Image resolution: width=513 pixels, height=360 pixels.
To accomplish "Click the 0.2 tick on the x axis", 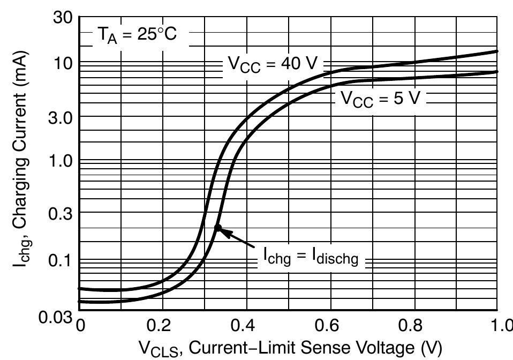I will (x=162, y=325).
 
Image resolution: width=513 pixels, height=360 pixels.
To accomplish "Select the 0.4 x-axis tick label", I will (x=246, y=325).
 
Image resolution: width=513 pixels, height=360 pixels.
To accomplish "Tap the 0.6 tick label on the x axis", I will (x=329, y=325).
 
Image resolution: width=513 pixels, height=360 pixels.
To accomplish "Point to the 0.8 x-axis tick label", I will (x=413, y=325).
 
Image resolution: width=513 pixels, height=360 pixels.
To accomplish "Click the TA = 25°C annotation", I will (x=135, y=35).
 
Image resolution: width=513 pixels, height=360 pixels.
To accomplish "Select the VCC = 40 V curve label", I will (x=273, y=64).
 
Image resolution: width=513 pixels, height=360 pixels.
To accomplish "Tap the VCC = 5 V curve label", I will (x=380, y=99).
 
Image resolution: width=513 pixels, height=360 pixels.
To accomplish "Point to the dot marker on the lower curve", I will (x=217, y=228).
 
